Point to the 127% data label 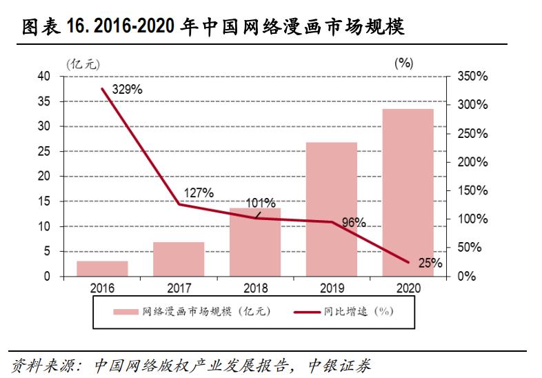199,192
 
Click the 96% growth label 353,223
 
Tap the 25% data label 430,263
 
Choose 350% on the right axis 472,77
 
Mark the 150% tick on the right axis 472,190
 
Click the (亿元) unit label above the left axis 83,63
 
